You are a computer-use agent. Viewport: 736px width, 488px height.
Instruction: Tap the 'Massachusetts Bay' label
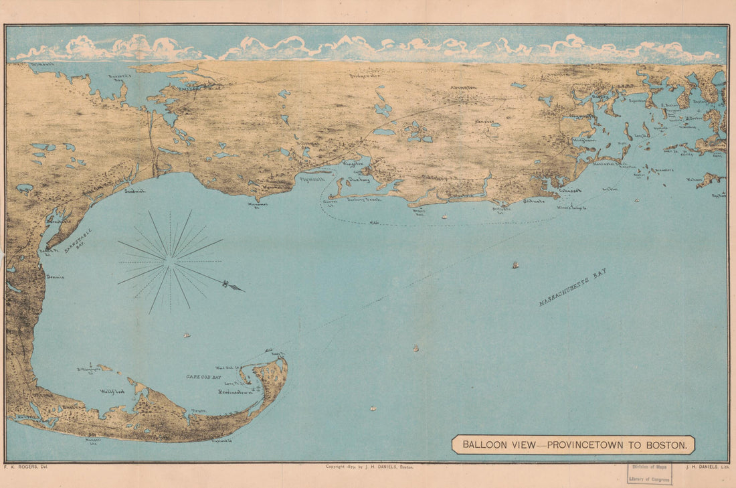point(573,287)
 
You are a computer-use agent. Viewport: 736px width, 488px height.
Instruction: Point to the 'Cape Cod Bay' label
point(204,378)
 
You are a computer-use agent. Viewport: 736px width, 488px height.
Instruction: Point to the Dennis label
point(56,276)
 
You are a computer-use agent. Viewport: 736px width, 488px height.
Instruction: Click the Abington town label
point(464,88)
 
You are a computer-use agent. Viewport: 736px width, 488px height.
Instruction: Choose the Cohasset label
point(569,190)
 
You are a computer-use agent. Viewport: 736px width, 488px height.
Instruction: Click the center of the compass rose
point(171,261)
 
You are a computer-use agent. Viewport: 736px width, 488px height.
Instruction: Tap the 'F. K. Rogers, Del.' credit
point(25,467)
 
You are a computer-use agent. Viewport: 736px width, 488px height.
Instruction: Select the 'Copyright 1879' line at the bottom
point(369,467)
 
